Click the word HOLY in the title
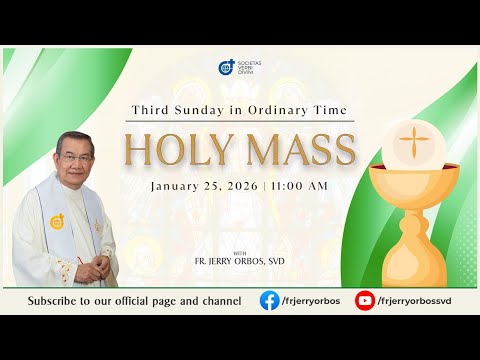(175, 150)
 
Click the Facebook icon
(270, 300)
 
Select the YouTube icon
(365, 300)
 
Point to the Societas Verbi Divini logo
(227, 68)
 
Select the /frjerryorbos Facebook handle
(310, 300)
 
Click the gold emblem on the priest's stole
(58, 222)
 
